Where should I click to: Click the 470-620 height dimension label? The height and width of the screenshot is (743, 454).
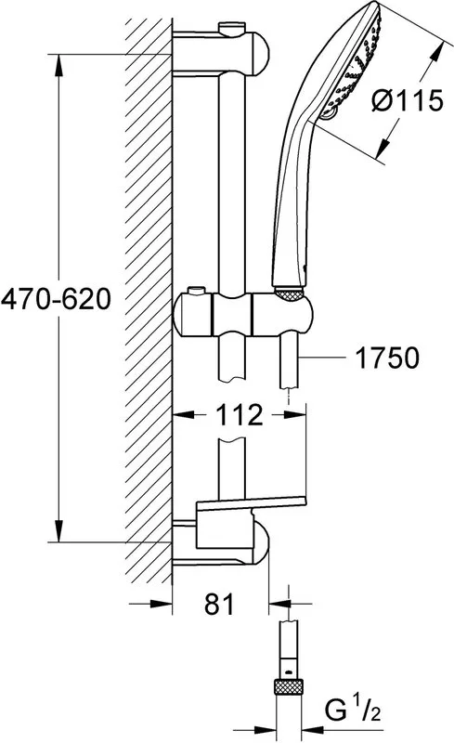click(56, 299)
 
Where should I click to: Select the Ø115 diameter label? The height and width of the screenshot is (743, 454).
click(407, 100)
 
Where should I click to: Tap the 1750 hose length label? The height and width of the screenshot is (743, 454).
click(387, 358)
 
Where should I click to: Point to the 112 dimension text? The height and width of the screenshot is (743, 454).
click(240, 414)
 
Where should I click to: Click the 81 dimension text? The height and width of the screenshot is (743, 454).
click(219, 605)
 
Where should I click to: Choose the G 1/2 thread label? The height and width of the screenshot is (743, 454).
click(353, 710)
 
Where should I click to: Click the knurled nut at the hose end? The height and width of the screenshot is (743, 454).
click(289, 689)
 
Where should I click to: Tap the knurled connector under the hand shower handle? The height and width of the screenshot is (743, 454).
click(289, 293)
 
